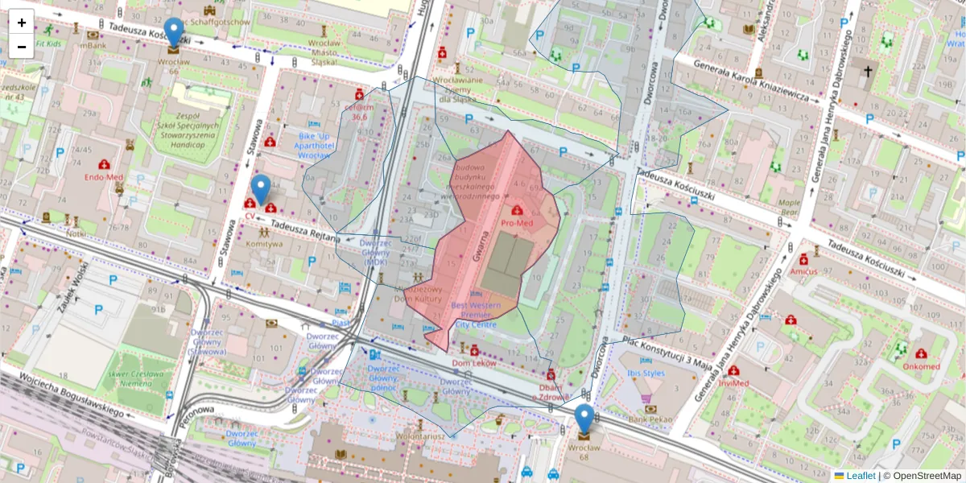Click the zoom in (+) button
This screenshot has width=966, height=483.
coord(22,23)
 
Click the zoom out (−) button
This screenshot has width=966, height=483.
coord(22,47)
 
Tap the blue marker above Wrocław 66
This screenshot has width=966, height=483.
coord(173,33)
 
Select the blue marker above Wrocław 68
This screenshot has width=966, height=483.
coord(584,419)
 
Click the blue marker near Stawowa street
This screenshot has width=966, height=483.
coord(260,190)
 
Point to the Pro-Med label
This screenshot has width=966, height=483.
coord(517,221)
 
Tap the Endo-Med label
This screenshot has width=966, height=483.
coord(104,175)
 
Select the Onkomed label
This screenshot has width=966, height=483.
coord(921,366)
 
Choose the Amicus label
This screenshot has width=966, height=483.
coord(803,271)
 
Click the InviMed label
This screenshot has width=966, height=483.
coord(739,383)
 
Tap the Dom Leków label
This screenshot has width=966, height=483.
coord(473,363)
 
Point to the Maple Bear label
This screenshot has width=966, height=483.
coord(788,208)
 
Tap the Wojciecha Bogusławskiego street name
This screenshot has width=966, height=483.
coord(72,395)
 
